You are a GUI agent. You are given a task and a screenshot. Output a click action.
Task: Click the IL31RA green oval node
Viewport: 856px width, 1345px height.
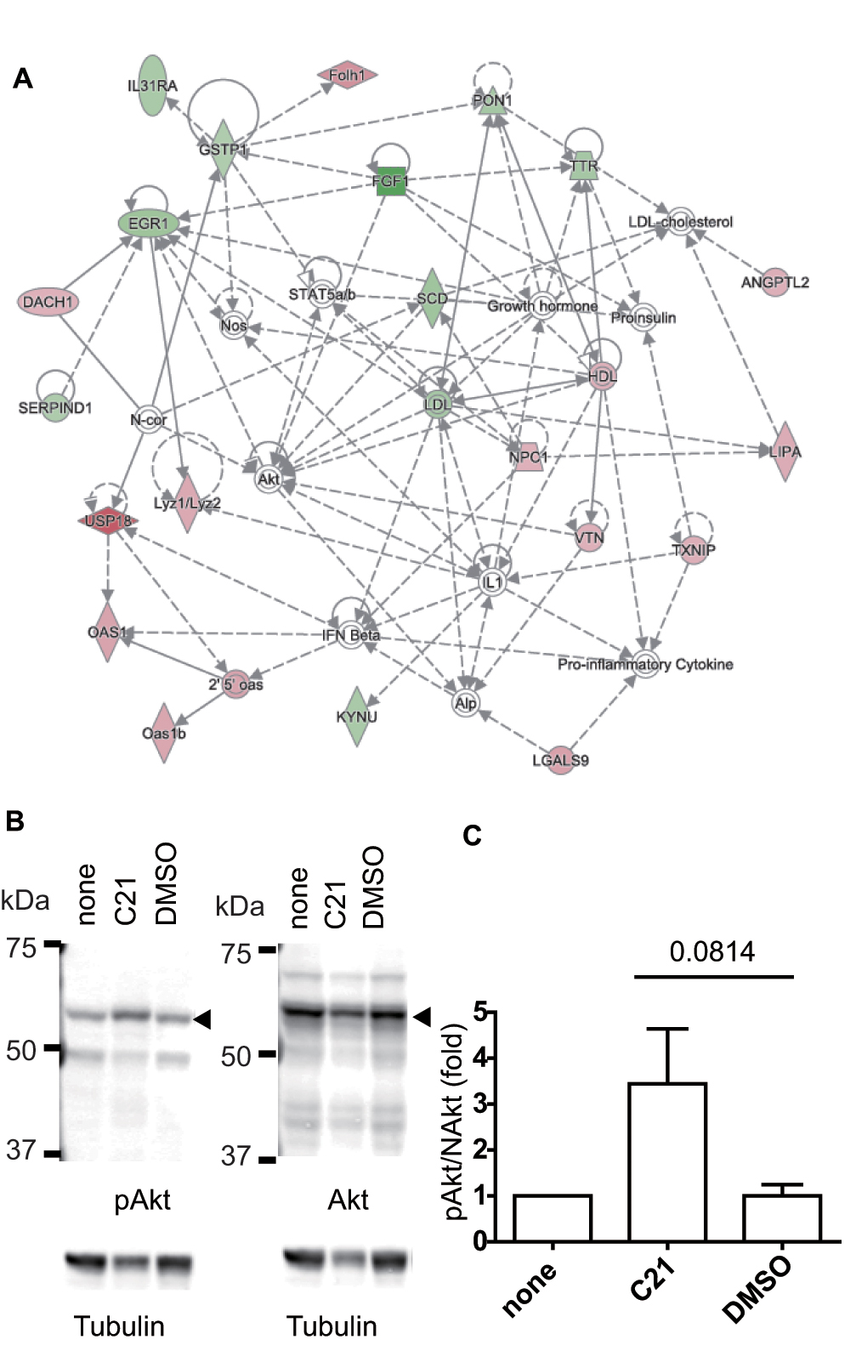tap(152, 85)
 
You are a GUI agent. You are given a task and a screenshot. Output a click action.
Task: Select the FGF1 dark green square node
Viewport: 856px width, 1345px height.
tap(390, 180)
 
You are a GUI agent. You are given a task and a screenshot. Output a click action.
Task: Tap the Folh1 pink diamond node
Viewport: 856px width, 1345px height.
tap(347, 76)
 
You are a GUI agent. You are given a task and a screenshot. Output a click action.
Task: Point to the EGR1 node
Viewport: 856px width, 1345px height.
tap(149, 224)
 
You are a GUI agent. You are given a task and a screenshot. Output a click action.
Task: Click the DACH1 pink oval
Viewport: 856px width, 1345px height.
tap(48, 302)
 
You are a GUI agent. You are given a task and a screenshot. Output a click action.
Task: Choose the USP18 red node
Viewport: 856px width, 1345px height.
tap(108, 520)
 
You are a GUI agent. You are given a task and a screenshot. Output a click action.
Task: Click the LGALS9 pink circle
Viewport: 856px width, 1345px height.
tap(560, 759)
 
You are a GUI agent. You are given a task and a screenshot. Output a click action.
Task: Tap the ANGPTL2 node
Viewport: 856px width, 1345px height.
tap(774, 282)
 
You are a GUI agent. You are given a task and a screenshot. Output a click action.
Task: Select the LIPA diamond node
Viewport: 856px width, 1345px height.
tap(785, 451)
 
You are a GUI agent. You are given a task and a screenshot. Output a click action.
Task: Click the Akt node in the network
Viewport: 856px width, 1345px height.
tap(269, 479)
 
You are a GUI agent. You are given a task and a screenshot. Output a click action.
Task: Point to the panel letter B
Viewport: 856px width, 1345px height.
tap(14, 821)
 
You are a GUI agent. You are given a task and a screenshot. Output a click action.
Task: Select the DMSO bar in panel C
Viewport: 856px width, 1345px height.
tap(781, 1217)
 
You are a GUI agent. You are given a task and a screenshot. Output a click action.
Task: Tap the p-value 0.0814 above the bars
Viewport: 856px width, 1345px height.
tap(712, 951)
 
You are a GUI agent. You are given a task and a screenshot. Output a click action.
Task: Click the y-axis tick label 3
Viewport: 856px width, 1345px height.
tap(480, 1104)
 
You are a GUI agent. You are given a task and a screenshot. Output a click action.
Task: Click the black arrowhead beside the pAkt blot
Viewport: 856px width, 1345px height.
tap(202, 1019)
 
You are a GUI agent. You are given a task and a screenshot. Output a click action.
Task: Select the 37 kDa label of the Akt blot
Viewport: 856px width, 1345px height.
tap(235, 1156)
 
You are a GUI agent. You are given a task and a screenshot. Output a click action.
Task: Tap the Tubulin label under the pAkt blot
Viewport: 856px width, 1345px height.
tap(119, 1325)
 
